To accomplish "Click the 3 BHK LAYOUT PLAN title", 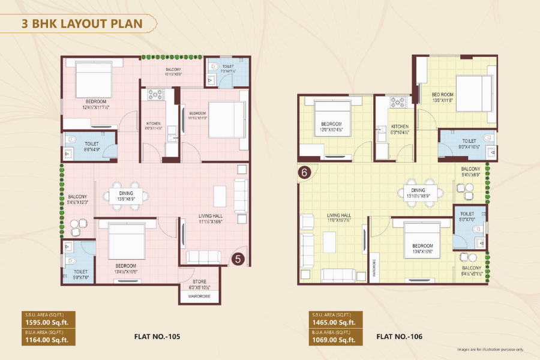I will [x=82, y=25].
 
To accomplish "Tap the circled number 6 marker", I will [x=304, y=173].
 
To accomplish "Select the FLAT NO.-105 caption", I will [x=157, y=337].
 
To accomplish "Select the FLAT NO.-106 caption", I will [x=400, y=337].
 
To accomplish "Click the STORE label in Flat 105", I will [x=199, y=281].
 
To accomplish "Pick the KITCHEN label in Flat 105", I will [x=153, y=124].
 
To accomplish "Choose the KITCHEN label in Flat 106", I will [x=400, y=127].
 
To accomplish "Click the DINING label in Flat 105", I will [x=125, y=193].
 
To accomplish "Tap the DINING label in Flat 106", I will [x=418, y=190].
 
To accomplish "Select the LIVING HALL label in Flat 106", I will [x=340, y=215].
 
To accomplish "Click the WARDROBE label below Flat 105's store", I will [x=199, y=296].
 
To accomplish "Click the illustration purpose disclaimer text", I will [x=491, y=349].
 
